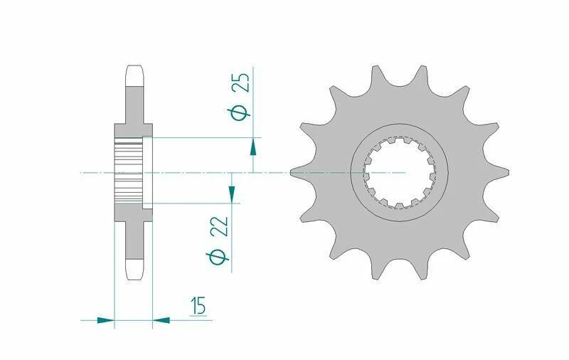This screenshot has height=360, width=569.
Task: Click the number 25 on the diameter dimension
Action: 241,84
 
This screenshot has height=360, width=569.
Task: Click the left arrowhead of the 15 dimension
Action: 106,320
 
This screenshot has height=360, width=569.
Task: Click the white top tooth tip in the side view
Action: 135,75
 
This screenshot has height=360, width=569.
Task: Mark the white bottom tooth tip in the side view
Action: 135,269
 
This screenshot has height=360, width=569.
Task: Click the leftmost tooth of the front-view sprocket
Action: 302,172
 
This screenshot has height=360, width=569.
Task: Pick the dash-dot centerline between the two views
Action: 213,172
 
